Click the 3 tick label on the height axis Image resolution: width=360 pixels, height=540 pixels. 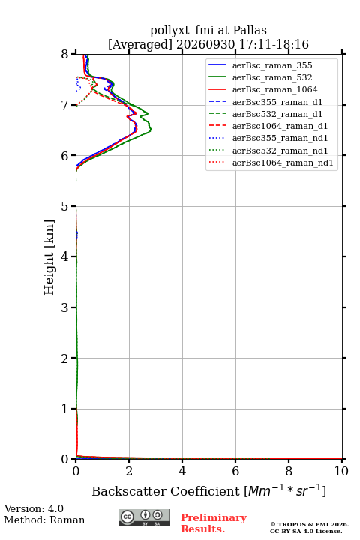point(64,307)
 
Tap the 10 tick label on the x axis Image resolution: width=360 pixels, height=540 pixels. point(341,471)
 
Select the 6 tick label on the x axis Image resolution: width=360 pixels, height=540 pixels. point(235,471)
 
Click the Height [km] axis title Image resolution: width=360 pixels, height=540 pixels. point(49,257)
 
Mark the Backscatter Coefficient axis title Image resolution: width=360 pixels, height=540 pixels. point(208,490)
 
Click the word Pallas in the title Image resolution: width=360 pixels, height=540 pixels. point(250,30)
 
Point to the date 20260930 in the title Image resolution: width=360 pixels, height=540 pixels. point(205,44)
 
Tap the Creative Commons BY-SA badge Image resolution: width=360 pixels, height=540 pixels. point(144,518)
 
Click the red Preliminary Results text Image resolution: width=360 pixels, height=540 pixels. point(214,523)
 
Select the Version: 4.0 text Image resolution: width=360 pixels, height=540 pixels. point(34,508)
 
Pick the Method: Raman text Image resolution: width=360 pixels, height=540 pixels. point(44,520)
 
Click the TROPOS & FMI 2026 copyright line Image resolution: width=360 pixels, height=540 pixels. point(309,524)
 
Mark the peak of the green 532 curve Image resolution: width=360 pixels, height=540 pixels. point(151,129)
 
